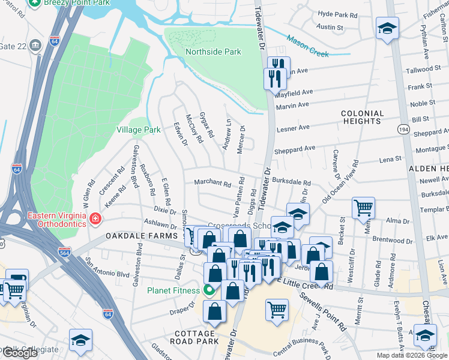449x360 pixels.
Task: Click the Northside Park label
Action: point(213,52)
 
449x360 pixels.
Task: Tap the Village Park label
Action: point(138,130)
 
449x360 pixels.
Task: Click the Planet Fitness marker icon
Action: point(209,291)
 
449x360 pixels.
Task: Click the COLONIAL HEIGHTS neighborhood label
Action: point(362,117)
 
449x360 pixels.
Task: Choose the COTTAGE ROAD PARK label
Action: point(194,337)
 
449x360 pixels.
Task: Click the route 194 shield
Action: point(402,130)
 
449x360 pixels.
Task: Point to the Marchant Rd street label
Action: point(212,184)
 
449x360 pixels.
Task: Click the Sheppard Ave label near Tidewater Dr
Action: point(295,149)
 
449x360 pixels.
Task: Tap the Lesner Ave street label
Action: point(293,128)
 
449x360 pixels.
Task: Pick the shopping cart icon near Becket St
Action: point(363,208)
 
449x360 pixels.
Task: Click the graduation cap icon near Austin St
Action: point(387,28)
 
